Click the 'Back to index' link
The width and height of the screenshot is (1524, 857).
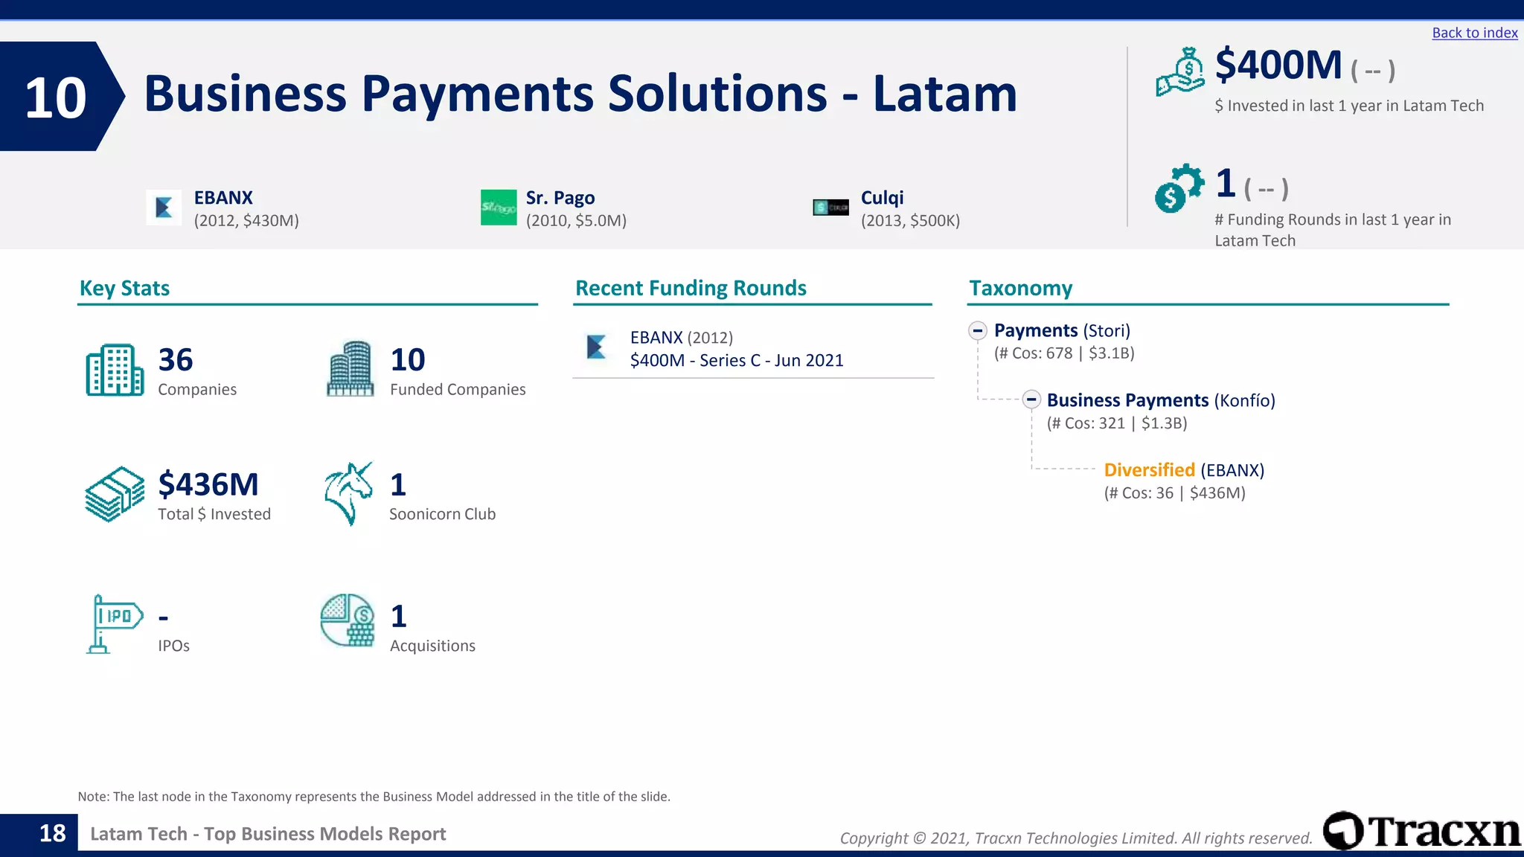coord(1474,33)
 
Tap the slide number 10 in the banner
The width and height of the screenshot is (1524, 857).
coord(55,97)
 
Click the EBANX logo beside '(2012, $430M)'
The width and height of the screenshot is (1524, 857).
coord(164,208)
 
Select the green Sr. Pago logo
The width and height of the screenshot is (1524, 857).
coord(499,208)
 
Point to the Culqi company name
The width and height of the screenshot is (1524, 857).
coord(882,198)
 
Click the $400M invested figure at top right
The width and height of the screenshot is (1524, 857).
coord(1278,65)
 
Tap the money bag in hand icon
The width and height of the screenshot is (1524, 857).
coord(1180,72)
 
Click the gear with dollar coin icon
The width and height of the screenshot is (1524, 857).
coord(1179,188)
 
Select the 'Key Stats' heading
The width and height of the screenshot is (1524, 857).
coord(124,288)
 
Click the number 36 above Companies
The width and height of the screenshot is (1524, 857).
coord(176,360)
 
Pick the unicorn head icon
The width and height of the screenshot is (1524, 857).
coord(348,493)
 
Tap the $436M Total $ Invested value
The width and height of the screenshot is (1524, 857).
coord(208,485)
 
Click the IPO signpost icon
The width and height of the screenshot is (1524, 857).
coord(114,623)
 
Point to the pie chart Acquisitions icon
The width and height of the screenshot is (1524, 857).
coord(348,620)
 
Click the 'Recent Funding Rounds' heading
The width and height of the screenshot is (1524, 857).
coord(691,288)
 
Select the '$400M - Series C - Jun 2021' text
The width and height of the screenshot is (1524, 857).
coord(736,361)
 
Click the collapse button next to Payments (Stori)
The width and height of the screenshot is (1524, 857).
coord(978,330)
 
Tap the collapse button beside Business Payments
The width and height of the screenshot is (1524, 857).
coord(1031,400)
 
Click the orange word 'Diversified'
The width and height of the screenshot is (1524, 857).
coord(1149,470)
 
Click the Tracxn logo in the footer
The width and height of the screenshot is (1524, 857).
coord(1421,831)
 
